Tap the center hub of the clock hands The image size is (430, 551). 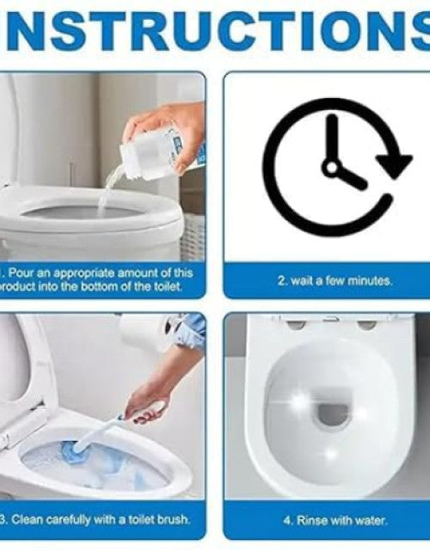[x=332, y=167]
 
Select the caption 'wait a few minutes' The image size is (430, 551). [x=335, y=282]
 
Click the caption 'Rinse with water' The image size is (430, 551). [x=335, y=520]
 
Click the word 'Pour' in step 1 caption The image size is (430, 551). [x=21, y=273]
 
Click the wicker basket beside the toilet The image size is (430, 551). [x=193, y=235]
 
